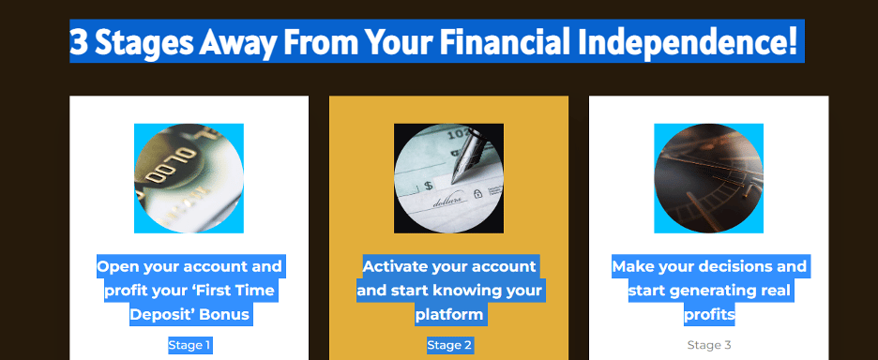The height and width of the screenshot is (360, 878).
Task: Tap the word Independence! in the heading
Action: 688,42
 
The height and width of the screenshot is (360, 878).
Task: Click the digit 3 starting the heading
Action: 79,41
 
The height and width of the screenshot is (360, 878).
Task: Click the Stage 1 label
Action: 189,345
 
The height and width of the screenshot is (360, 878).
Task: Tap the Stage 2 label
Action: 449,345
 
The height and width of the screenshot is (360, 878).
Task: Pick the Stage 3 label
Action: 709,345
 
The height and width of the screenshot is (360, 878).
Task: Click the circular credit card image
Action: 189,178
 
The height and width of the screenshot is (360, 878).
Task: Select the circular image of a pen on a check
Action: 448,178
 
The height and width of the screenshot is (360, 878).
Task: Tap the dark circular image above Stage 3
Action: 708,178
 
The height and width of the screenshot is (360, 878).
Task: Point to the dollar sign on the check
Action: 429,186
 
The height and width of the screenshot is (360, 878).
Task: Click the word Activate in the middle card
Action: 395,266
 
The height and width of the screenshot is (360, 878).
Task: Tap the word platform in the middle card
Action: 448,315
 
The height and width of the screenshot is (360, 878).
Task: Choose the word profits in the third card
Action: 709,315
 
